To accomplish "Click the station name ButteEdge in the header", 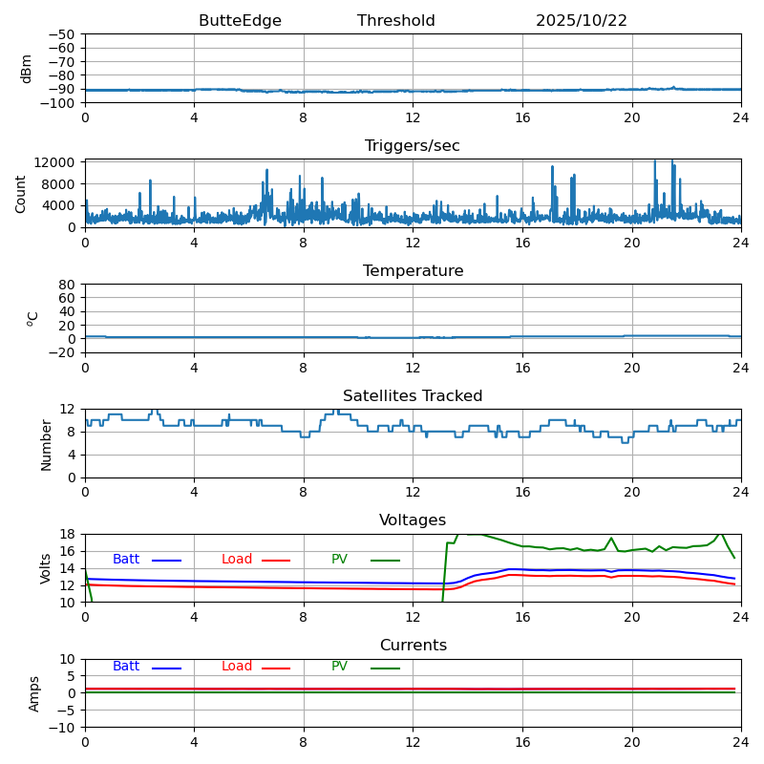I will point(240,21).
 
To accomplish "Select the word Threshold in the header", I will point(395,21).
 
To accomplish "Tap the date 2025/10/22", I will point(581,21).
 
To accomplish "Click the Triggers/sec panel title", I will point(412,146).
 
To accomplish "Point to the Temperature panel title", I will point(413,271).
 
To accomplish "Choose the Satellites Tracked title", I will point(413,396).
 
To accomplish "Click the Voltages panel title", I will point(413,520).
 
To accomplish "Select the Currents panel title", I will point(413,646).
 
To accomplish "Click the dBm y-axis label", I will point(27,68).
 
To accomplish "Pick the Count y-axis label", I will point(22,193).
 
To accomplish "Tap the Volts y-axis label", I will point(46,567).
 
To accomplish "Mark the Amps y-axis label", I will point(34,693).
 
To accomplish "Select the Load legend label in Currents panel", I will point(237,667).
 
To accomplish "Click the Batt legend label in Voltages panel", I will point(126,560).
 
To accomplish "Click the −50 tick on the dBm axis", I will point(61,34).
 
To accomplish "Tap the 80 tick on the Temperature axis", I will point(68,285).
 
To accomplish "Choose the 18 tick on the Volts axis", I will point(68,534).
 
